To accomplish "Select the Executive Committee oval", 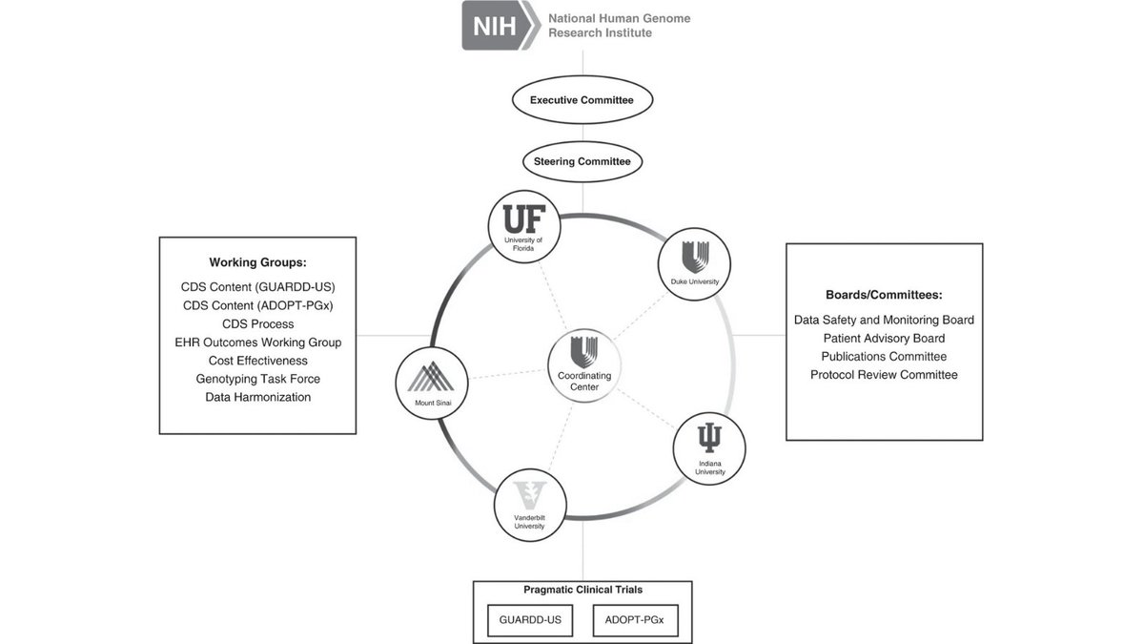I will [x=582, y=100].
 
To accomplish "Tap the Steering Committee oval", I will [x=582, y=161].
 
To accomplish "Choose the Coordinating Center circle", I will [x=584, y=366].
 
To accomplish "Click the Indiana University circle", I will [x=709, y=448].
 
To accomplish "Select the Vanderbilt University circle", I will [x=530, y=505].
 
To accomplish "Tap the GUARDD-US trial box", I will [x=530, y=620].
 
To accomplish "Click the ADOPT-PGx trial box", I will [x=635, y=620].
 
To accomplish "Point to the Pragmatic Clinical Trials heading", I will [x=582, y=590].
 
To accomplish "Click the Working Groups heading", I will [x=257, y=262].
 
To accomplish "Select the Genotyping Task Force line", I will [x=257, y=379].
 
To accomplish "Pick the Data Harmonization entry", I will [x=257, y=397].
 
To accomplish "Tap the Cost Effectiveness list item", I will [x=257, y=361].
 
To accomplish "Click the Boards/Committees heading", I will [x=884, y=295].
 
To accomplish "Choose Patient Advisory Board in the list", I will [x=884, y=339].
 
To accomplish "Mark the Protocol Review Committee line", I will [x=884, y=375].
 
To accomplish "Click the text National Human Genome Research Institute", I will [x=619, y=26].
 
